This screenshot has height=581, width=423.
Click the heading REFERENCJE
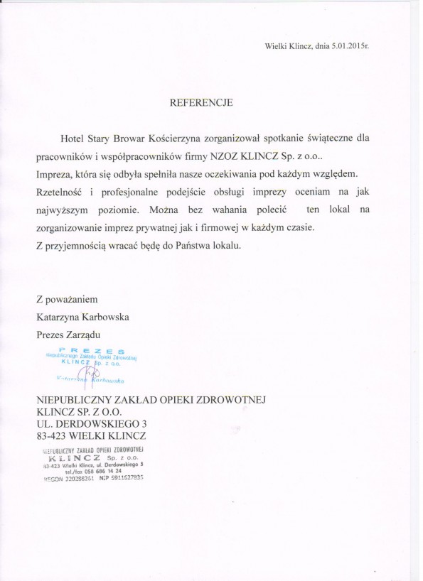201,102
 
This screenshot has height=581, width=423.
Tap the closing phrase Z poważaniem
66,299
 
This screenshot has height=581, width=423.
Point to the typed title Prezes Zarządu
70,334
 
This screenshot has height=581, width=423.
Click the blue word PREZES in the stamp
92,350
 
